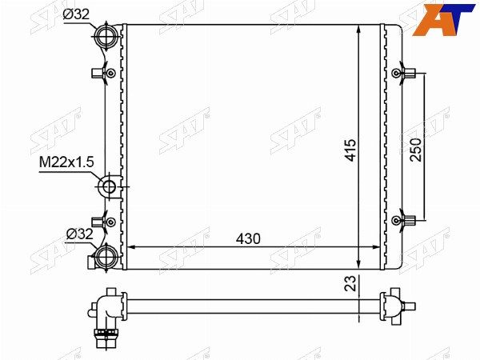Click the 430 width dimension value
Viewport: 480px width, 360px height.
tap(248, 238)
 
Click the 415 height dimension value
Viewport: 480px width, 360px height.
tap(351, 150)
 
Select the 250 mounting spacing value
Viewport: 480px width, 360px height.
tap(416, 150)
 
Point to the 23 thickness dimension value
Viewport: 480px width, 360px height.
tap(351, 283)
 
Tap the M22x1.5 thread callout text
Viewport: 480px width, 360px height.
tap(66, 162)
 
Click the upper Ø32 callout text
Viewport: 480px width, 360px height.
tap(76, 14)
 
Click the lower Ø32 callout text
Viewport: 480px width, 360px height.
tap(79, 234)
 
